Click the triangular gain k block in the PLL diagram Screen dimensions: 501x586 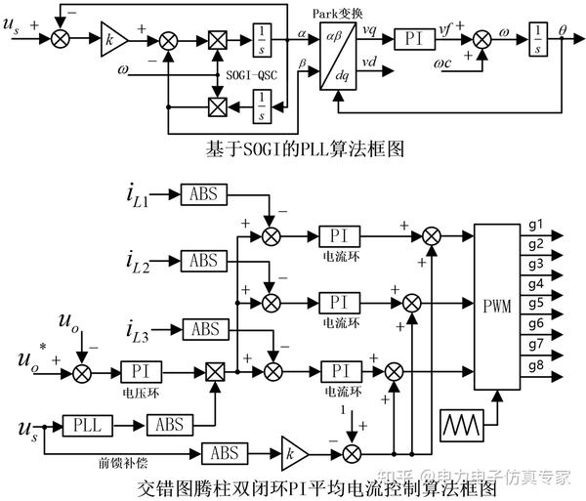tap(113, 38)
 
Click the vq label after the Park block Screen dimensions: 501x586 tap(369, 29)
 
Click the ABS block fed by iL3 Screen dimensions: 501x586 tap(204, 328)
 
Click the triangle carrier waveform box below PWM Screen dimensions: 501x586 tap(466, 424)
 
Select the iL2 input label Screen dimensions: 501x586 tap(136, 262)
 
